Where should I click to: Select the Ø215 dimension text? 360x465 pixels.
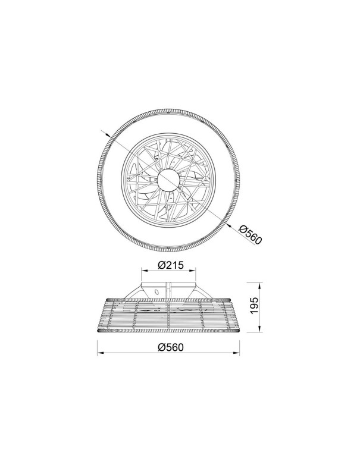(171, 265)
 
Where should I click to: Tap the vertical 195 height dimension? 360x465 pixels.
(253, 307)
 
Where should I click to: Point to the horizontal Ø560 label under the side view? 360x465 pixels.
(171, 347)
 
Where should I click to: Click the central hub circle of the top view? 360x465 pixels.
(168, 180)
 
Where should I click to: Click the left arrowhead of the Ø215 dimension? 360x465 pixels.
(143, 270)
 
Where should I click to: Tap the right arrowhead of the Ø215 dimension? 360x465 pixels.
(193, 270)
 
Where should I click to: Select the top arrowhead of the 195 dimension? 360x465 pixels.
(259, 285)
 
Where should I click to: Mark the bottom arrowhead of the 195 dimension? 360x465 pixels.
(259, 329)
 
